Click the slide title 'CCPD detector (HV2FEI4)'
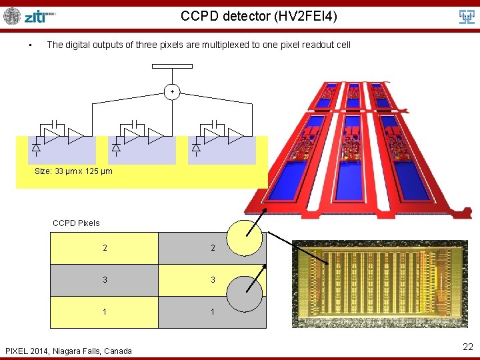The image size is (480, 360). [259, 15]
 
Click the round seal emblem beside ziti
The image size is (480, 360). [12, 16]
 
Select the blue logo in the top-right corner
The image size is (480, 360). [467, 17]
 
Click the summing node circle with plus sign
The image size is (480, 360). [172, 91]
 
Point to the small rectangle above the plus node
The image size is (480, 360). [172, 66]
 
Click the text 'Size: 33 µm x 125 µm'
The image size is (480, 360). [73, 171]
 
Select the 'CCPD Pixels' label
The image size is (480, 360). [76, 223]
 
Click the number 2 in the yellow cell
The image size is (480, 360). [105, 248]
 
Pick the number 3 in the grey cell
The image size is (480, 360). [105, 280]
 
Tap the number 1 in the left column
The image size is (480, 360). [105, 312]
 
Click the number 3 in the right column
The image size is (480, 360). [213, 280]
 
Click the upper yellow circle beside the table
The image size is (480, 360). [245, 238]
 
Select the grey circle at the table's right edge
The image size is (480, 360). [245, 293]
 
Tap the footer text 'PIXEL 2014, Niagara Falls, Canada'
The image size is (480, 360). [69, 351]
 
